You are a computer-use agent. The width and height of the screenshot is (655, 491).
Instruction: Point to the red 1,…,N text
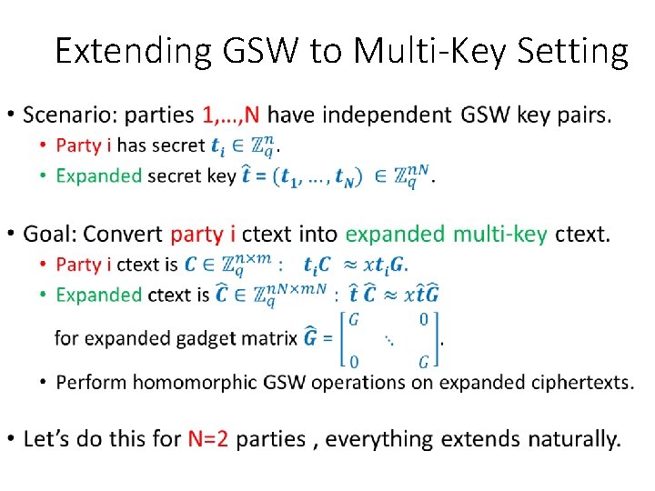[x=232, y=116]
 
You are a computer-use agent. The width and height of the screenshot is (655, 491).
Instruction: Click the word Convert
[x=123, y=234]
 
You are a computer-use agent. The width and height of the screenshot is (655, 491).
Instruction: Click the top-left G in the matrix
[x=355, y=319]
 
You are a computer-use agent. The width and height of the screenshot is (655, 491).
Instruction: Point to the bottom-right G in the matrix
[x=424, y=362]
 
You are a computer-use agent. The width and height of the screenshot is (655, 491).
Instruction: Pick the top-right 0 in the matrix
[x=424, y=319]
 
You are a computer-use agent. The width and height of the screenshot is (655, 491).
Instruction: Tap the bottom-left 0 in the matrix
[x=355, y=362]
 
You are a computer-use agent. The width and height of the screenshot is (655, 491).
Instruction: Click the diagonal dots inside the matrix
[x=389, y=340]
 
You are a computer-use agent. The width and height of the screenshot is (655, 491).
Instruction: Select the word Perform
[x=91, y=383]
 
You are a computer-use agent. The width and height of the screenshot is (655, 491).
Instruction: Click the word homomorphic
[x=217, y=383]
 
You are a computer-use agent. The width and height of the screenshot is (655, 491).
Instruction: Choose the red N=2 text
[x=208, y=439]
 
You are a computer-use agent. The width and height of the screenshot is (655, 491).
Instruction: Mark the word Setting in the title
[x=575, y=52]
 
